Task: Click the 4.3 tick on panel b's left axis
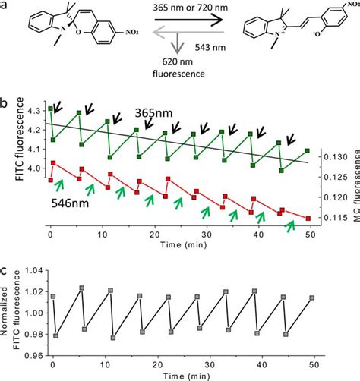[33, 111]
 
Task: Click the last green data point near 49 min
[306, 150]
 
